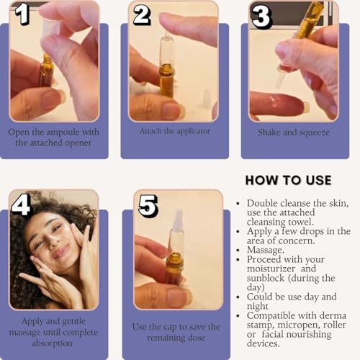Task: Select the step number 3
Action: pos(261,16)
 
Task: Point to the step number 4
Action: pos(21,204)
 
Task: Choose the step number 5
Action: pos(148,205)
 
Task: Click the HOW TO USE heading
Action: pos(288,180)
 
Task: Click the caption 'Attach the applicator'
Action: pos(174,131)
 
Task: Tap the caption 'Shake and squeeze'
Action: pos(294,132)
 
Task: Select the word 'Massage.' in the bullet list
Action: pos(266,249)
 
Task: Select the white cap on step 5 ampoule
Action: pos(176,223)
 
